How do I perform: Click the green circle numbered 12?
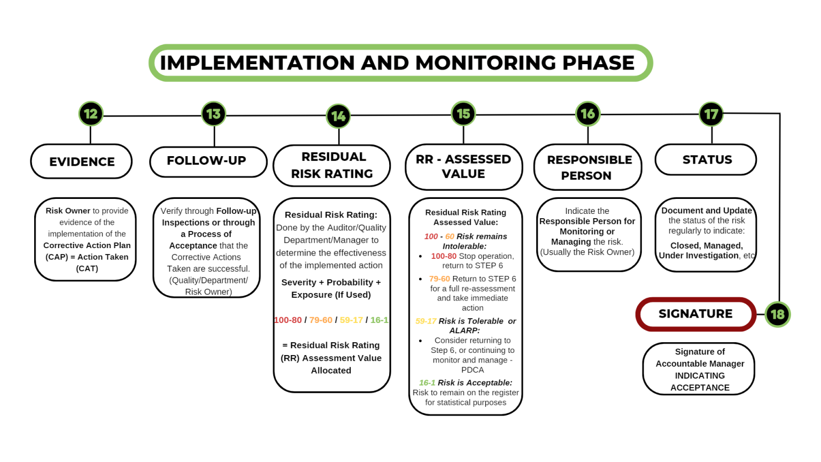pos(91,114)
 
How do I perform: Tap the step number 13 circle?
pos(214,114)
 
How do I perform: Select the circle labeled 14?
pos(338,116)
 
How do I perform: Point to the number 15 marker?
pos(463,113)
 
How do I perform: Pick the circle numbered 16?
pos(588,113)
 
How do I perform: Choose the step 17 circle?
pos(711,114)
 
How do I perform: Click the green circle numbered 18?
pos(777,314)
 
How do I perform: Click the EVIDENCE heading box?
pos(82,161)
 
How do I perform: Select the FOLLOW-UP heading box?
pos(208,161)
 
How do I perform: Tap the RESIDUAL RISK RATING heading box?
pos(332,165)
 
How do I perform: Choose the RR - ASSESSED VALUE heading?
pos(463,166)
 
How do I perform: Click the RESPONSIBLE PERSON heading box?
pos(588,167)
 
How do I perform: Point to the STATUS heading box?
pos(706,159)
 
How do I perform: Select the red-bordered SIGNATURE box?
pos(695,314)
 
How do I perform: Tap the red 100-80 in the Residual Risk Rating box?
pos(288,320)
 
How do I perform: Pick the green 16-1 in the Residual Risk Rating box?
pos(379,320)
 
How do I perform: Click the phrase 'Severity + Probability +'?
pos(331,282)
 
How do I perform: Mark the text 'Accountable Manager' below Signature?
pos(700,364)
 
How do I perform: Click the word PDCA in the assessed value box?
pos(473,370)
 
